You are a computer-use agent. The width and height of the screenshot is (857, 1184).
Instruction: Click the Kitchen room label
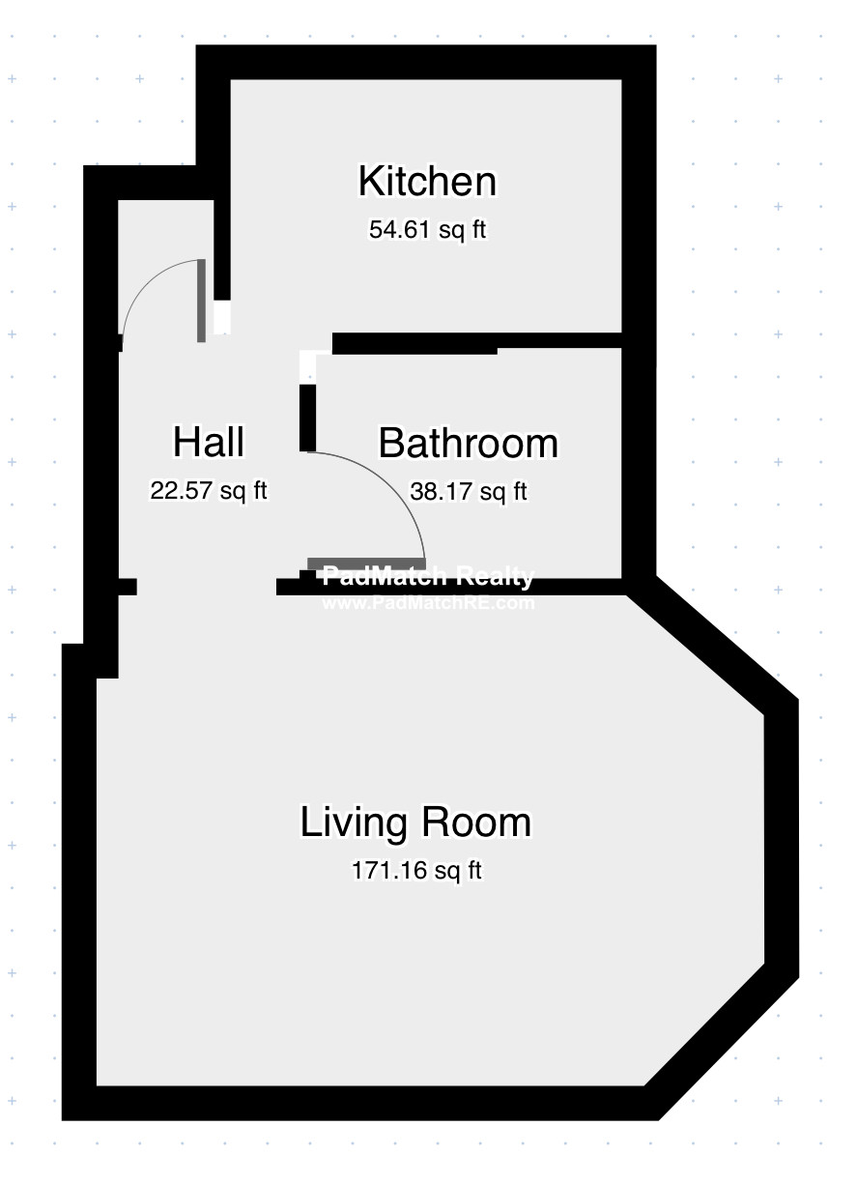pos(427,182)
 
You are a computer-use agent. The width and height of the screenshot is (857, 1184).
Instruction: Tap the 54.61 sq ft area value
pos(427,230)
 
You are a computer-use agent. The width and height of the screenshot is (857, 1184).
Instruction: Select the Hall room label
pos(209,443)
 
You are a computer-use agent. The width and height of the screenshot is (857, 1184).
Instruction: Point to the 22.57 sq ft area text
pos(209,491)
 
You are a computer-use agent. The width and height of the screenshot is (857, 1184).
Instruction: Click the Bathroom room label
pos(468,444)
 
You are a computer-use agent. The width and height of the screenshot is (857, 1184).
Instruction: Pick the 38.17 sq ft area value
pos(469,492)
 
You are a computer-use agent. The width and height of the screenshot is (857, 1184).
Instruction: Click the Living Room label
pos(415,823)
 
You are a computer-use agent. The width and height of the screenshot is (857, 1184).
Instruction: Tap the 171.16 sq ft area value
pos(416,871)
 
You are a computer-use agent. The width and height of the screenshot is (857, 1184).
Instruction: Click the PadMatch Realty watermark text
pos(428,577)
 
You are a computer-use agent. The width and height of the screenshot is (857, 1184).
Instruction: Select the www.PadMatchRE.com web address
pos(428,603)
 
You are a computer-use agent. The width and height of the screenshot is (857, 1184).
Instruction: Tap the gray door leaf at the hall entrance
pos(201,301)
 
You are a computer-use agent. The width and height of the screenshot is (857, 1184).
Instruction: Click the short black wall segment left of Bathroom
pos(307,418)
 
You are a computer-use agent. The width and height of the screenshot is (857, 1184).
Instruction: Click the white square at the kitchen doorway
pos(222,318)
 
